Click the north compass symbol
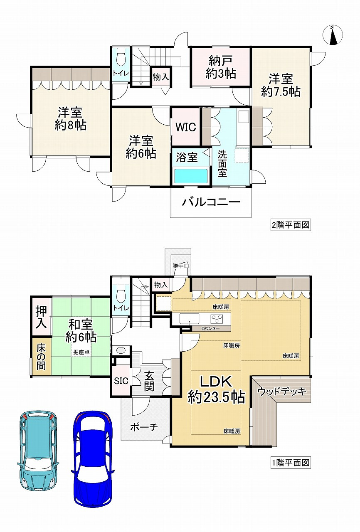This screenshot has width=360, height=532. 333,34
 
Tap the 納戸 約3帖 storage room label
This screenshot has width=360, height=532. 221,67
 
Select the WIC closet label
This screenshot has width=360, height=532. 186,127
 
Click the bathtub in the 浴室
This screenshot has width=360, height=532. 191,176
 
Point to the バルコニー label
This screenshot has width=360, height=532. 211,202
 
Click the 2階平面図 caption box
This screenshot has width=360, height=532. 291,225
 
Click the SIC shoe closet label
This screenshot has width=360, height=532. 121,381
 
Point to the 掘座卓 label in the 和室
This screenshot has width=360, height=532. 81,352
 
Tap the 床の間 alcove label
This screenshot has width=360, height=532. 41,357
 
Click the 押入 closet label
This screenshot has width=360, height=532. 41,317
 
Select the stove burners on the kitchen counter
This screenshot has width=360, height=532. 217,318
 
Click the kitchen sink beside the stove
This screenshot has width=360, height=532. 189,318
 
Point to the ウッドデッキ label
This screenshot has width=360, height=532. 282,392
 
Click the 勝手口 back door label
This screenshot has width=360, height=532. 181,266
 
